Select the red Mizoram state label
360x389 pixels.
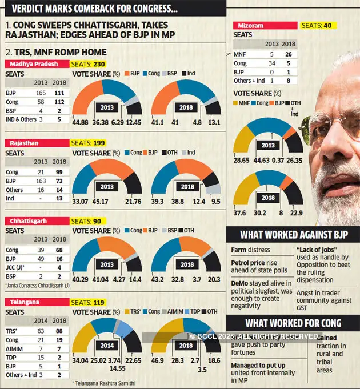click(x=266, y=26)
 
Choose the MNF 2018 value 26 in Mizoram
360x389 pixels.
click(x=290, y=54)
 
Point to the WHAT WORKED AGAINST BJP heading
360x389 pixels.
click(x=293, y=235)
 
